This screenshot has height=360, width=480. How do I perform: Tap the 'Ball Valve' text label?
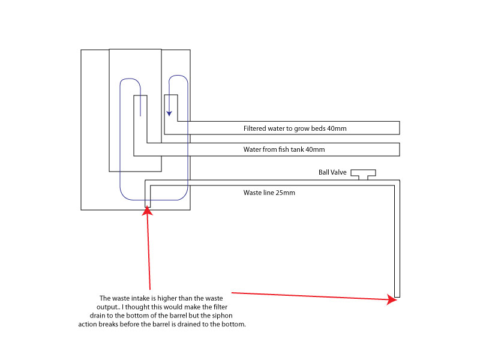[332, 173]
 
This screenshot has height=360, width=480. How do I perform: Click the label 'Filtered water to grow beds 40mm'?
[295, 128]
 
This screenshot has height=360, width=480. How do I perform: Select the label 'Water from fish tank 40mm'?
[284, 149]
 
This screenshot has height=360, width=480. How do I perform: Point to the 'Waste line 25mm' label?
[269, 193]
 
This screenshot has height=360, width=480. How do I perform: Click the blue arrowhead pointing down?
[169, 112]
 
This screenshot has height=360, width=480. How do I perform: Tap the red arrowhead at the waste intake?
[147, 211]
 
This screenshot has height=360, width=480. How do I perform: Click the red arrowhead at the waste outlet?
[393, 299]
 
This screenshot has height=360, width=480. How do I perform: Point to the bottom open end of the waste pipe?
[397, 296]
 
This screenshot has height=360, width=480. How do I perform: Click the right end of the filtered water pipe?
[399, 128]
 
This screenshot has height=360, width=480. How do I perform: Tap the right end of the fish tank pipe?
[399, 149]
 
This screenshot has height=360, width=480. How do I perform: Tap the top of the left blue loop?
[130, 79]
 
